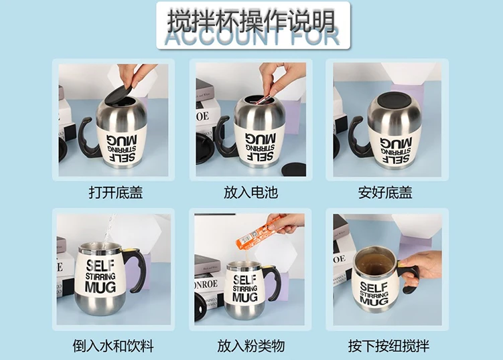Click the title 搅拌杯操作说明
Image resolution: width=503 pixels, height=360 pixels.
[x=251, y=20]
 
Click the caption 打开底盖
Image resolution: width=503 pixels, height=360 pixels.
[x=116, y=193]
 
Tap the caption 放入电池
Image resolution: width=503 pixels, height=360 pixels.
[x=250, y=193]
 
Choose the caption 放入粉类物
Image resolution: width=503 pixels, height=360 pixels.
[x=251, y=346]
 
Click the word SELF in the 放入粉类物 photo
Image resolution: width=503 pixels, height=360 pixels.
[x=244, y=278]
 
